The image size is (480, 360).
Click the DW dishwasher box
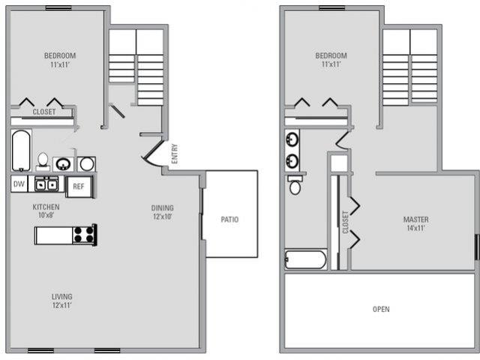click(19, 184)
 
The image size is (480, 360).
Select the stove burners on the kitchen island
click(85, 234)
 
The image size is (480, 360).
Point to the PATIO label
click(229, 220)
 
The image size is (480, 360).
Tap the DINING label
click(162, 208)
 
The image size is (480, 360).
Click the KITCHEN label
click(46, 207)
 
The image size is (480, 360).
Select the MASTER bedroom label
click(415, 220)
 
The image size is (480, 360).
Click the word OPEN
click(381, 309)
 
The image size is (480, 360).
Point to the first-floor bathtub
click(21, 150)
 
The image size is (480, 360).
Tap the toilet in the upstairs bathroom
click(295, 184)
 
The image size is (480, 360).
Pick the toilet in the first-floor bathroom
click(43, 160)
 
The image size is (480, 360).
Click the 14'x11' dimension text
click(415, 229)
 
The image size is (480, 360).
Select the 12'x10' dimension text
click(162, 217)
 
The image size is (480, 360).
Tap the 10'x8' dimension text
click(46, 216)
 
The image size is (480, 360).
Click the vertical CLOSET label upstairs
click(345, 222)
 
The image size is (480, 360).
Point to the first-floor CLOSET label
click(43, 112)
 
